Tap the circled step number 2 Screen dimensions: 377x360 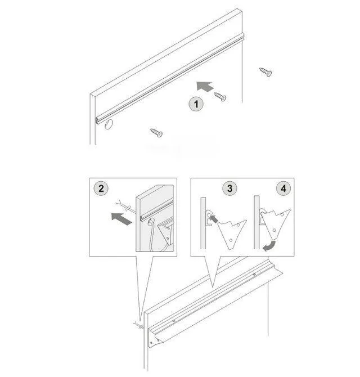tap(101, 188)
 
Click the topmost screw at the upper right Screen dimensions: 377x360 tap(265, 71)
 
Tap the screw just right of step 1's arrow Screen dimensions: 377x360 tap(220, 96)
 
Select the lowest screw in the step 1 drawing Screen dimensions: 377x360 tap(156, 133)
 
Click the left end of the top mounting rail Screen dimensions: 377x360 tap(98, 119)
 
